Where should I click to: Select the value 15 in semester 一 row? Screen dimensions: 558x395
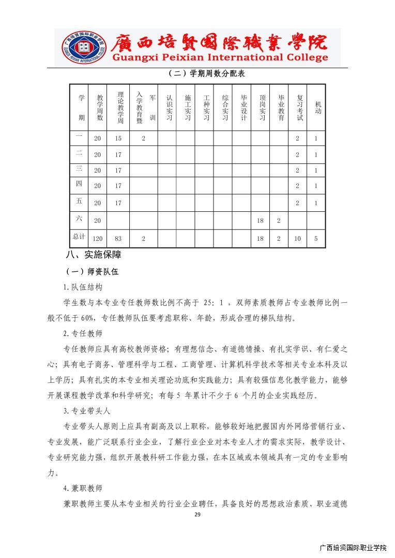click(x=118, y=138)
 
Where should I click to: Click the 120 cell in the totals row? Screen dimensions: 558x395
click(x=98, y=239)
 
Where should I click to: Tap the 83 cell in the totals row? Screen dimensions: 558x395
click(x=118, y=239)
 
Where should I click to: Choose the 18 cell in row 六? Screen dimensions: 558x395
click(x=260, y=221)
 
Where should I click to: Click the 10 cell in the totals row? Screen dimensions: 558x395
click(x=297, y=239)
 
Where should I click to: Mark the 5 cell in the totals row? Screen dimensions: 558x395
click(x=316, y=239)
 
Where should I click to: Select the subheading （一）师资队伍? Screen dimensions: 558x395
click(x=92, y=271)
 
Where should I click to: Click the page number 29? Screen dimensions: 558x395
click(x=197, y=515)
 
